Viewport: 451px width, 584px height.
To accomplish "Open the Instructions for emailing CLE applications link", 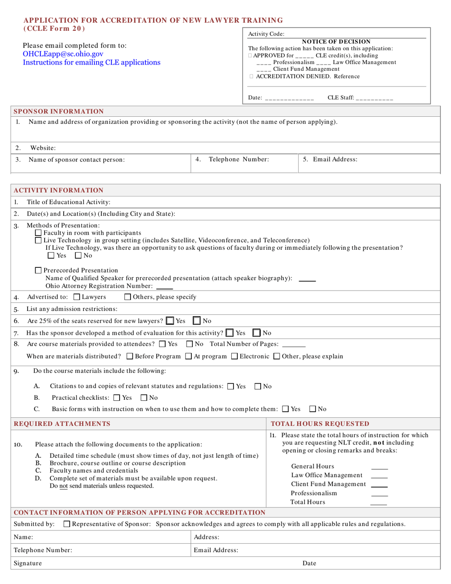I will click(x=92, y=62).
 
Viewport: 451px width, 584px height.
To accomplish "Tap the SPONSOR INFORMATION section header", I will click(x=58, y=112).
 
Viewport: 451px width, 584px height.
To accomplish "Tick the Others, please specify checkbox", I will click(x=127, y=297).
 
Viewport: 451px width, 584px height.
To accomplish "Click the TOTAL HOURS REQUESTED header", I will click(x=319, y=424).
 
